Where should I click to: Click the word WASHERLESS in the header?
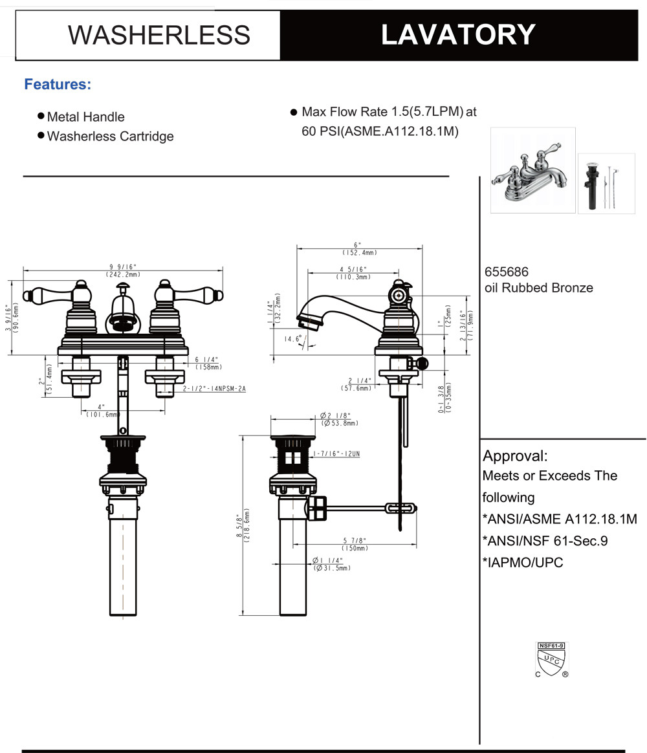point(159,35)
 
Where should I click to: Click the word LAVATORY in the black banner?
point(458,34)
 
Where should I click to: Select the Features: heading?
point(58,84)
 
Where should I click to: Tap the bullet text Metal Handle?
point(85,117)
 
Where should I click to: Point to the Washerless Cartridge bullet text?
point(110,136)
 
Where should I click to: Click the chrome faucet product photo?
point(532,170)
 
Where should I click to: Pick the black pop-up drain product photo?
point(606,183)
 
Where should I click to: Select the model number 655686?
point(507,273)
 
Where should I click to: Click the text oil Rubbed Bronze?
point(538,288)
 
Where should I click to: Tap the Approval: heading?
point(515,455)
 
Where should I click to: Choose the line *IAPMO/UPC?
point(523,562)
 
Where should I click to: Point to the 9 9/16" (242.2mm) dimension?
point(123,270)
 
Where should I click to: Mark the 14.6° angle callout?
point(294,338)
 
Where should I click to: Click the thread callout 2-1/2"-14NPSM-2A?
point(214,389)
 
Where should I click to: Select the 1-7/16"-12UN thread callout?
point(336,454)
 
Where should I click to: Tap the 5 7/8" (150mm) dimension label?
point(355,544)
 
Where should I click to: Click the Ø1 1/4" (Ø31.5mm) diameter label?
point(332,564)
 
